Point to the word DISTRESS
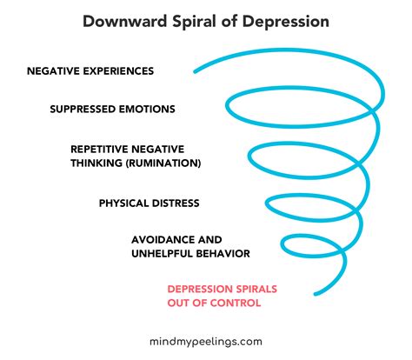point(178,203)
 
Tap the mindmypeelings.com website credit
point(206,342)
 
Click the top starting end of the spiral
point(195,72)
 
